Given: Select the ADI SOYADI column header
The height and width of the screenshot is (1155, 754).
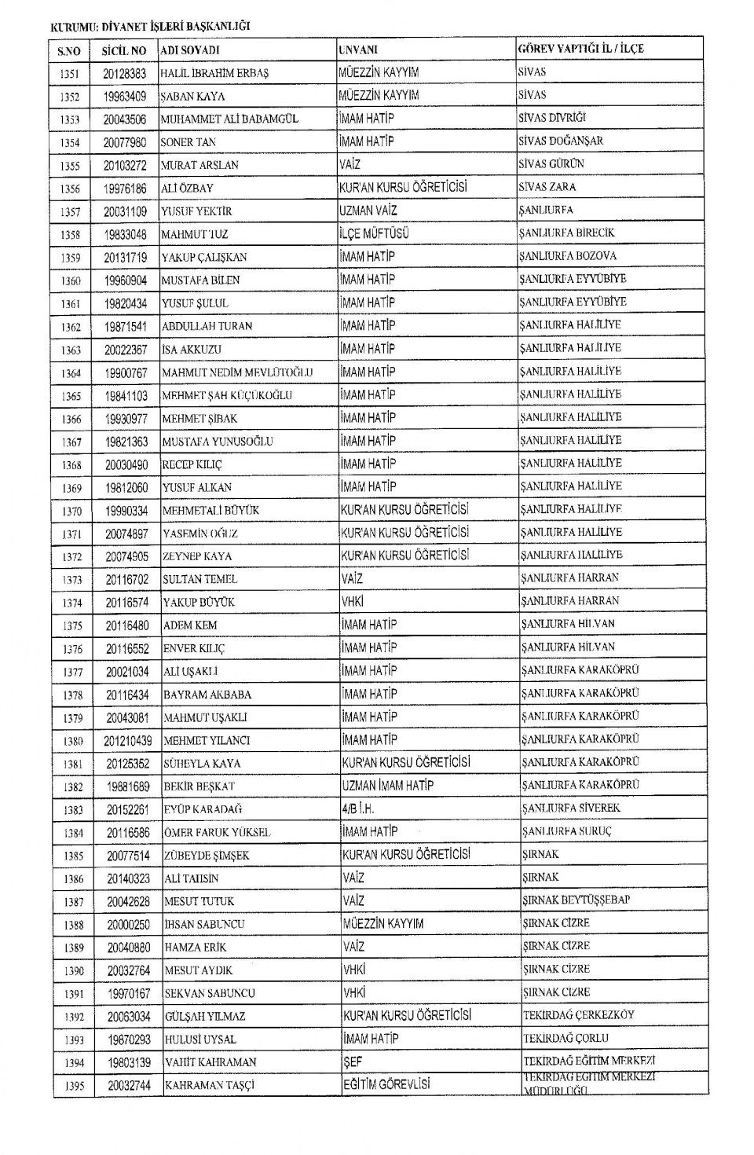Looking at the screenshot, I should tap(189, 50).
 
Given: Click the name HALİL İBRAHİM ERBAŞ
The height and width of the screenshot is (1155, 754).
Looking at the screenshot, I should tap(214, 73).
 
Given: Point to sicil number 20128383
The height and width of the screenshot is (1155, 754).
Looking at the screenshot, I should tap(124, 73).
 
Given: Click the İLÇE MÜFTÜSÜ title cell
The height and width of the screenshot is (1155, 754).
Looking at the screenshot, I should tap(374, 233).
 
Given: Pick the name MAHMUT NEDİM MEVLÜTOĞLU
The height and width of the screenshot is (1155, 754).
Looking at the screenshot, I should tap(237, 372).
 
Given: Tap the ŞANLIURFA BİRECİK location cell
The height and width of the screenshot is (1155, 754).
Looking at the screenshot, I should tap(566, 233).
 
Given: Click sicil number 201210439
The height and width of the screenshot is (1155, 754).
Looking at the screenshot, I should tap(127, 740).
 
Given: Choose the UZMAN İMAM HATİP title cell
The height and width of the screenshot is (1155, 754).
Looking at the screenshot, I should tap(387, 785).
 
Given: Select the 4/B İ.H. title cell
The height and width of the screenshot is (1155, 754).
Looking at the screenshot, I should tap(358, 808).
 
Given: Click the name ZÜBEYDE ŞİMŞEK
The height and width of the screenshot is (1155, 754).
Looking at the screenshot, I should tap(206, 856).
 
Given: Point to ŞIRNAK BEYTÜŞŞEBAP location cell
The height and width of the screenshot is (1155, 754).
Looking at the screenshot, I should tap(576, 900).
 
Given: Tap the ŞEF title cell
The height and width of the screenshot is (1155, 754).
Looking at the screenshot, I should tap(353, 1061).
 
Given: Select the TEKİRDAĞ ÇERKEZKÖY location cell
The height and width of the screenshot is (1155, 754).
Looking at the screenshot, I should tap(578, 1015).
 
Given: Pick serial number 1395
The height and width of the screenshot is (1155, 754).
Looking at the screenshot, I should tap(74, 1087).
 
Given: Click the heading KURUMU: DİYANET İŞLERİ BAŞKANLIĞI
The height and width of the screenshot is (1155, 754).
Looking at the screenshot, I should tap(150, 26).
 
